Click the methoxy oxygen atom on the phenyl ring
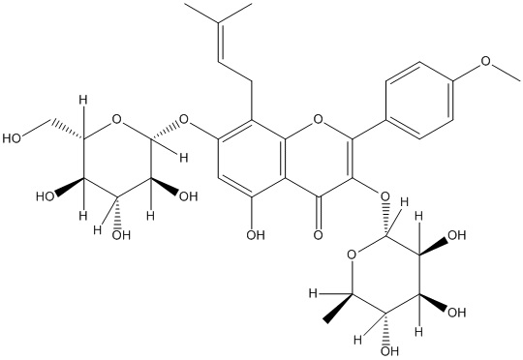(486, 61)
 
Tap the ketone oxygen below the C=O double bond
(319, 234)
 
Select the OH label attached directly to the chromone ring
(256, 234)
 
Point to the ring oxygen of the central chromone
(319, 118)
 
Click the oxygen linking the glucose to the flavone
(184, 118)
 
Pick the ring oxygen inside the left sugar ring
(116, 118)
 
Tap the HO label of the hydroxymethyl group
(12, 138)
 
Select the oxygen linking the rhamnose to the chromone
(385, 196)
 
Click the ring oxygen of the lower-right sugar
(352, 255)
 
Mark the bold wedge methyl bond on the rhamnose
(338, 308)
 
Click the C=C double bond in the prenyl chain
(219, 42)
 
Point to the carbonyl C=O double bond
(319, 212)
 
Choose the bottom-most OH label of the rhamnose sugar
(390, 350)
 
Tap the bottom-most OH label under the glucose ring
(121, 235)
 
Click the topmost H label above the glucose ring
(83, 99)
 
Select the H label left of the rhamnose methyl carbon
(313, 293)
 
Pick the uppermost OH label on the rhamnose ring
(456, 235)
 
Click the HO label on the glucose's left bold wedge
(46, 196)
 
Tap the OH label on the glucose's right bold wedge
(189, 196)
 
